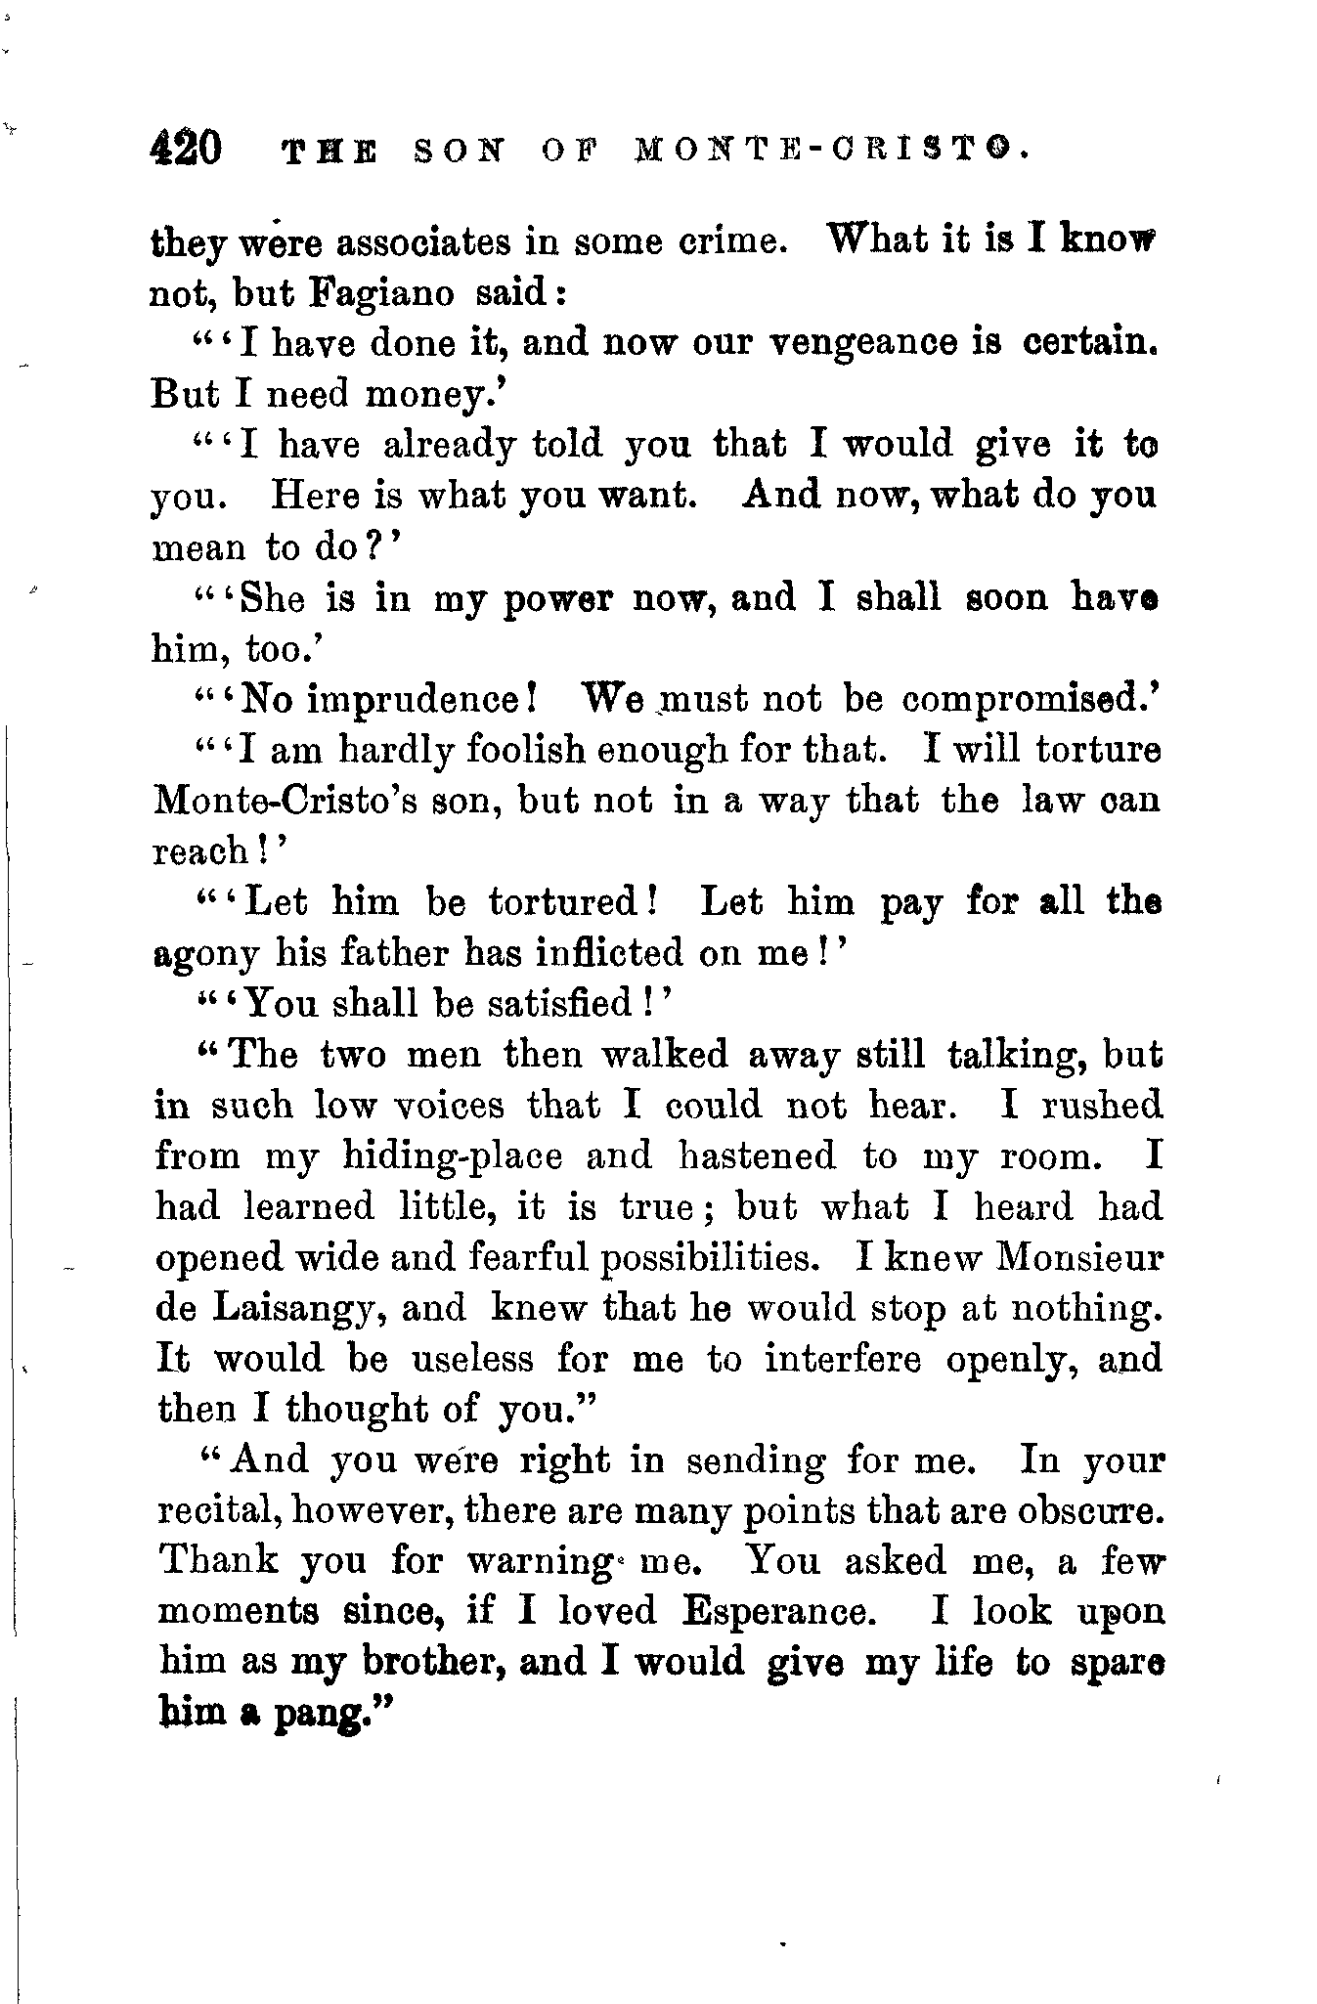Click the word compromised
(x=1023, y=700)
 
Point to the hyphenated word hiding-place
(x=453, y=1156)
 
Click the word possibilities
(x=712, y=1257)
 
